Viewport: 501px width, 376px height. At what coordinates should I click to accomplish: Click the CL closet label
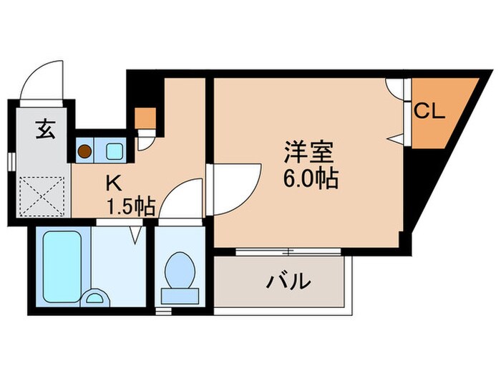[x=430, y=112]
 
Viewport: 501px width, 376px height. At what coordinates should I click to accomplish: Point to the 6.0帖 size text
[x=309, y=178]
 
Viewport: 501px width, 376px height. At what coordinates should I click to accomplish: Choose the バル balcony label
[x=289, y=281]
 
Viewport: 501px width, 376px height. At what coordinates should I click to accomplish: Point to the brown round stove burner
[x=85, y=151]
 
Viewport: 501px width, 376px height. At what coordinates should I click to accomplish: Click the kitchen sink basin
[x=114, y=151]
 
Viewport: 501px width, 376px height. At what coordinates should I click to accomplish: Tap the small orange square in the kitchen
[x=145, y=117]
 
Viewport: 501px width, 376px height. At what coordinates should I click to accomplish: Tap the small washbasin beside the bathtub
[x=95, y=298]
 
